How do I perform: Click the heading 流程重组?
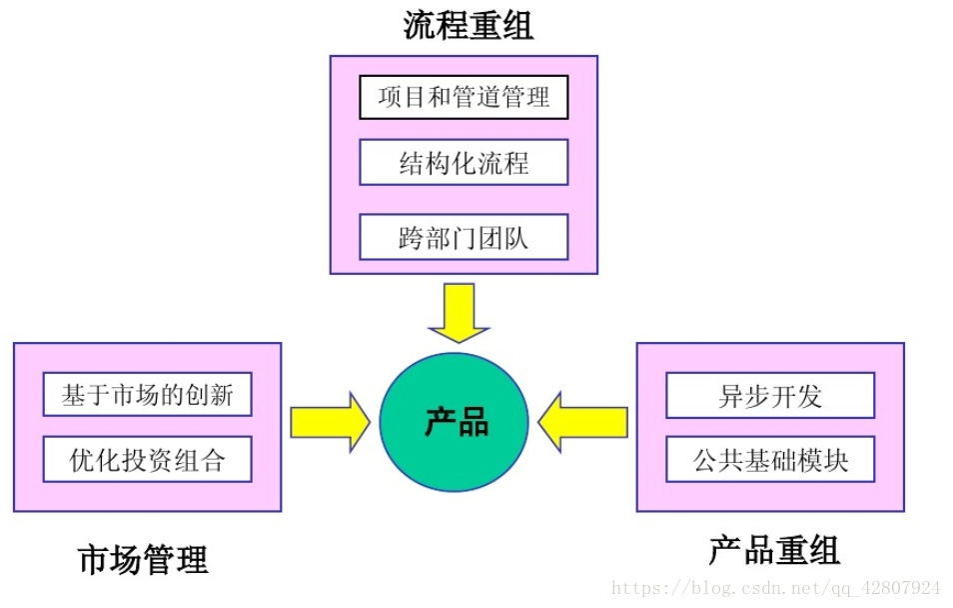coord(469,25)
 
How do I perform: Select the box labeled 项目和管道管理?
coord(464,97)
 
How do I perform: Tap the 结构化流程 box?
coord(464,162)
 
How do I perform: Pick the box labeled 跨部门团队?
coord(464,237)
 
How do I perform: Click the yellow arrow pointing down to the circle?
coord(459,311)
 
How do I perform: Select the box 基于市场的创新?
coord(147,395)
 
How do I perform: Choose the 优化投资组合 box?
coord(147,460)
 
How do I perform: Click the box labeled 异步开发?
coord(769,395)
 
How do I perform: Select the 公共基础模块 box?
coord(769,460)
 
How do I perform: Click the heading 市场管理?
coord(143,559)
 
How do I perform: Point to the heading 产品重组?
coord(774,550)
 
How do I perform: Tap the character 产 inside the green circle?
coord(441,423)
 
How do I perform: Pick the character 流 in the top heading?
coord(420,25)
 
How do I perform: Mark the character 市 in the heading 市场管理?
coord(94,559)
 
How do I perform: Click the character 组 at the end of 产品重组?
coord(824,550)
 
